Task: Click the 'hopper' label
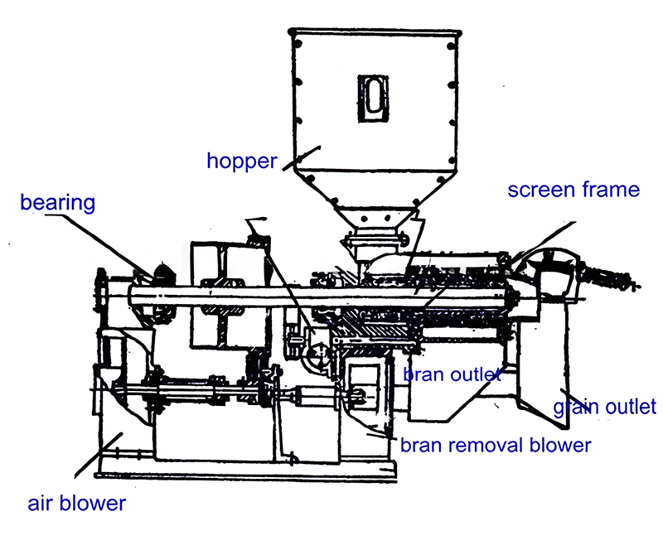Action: point(242,161)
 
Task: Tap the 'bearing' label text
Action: point(57,203)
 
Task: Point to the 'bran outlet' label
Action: point(452,374)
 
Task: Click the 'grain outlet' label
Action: point(605,407)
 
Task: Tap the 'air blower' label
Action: point(76,504)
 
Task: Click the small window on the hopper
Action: point(373,99)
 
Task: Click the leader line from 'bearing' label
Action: point(99,245)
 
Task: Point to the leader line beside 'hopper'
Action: point(301,158)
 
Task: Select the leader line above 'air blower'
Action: point(99,456)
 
